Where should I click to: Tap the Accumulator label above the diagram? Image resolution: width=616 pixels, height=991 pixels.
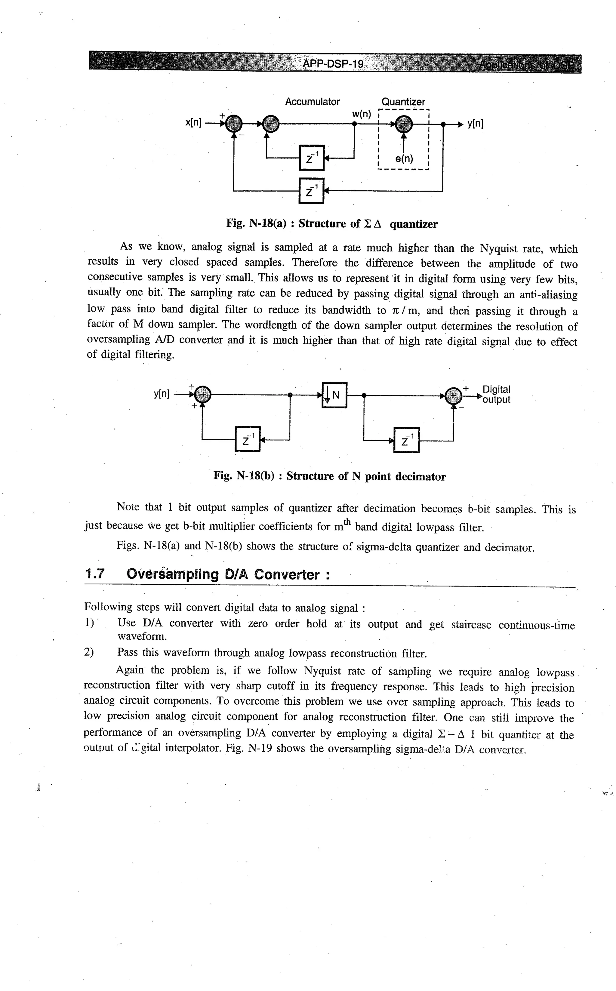[312, 102]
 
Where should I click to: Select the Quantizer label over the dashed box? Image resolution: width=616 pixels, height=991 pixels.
[403, 102]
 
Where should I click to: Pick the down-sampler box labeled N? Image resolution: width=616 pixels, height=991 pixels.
[334, 395]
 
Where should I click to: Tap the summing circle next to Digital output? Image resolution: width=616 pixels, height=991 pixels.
[453, 395]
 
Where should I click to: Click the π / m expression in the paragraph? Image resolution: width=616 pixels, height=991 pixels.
[403, 310]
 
